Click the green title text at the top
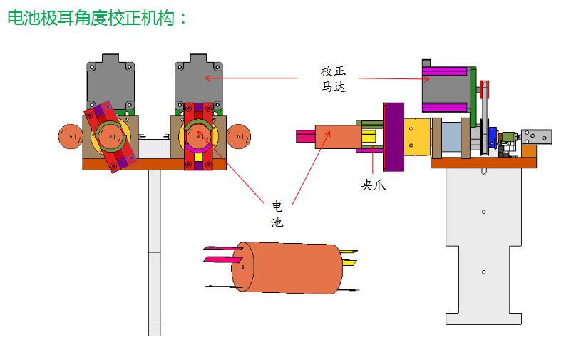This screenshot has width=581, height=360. click(96, 19)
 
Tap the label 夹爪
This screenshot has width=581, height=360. click(374, 185)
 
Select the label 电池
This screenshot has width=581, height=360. click(277, 214)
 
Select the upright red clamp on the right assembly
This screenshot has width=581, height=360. click(199, 136)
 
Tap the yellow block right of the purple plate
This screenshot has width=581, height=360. click(416, 137)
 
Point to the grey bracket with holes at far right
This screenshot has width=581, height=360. click(536, 136)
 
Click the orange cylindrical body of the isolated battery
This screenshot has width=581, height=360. click(285, 267)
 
